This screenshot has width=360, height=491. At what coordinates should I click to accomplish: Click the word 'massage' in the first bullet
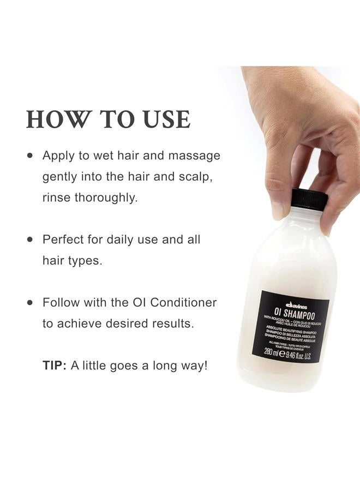193,155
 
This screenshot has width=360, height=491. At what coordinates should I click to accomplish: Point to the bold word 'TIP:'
55,366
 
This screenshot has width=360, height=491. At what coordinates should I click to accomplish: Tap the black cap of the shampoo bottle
309,199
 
